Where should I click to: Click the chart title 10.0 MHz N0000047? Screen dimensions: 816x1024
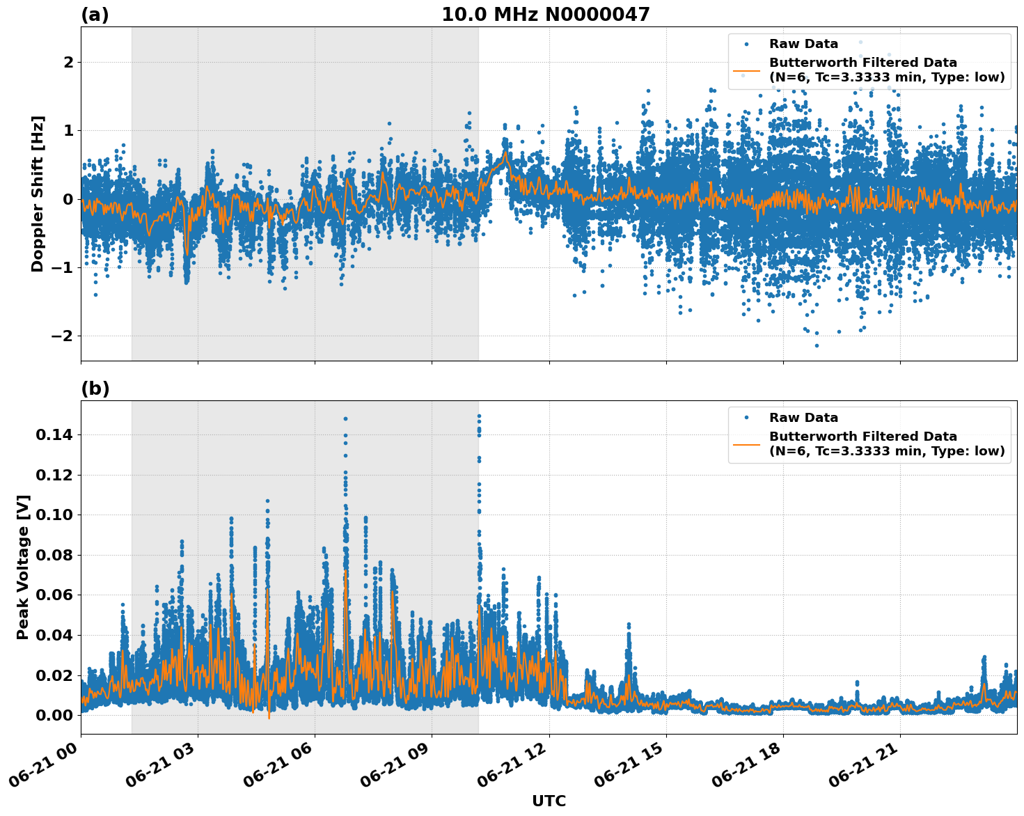pyautogui.click(x=545, y=15)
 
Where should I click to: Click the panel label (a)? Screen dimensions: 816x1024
pyautogui.click(x=95, y=15)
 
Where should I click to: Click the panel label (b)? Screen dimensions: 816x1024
pyautogui.click(x=95, y=389)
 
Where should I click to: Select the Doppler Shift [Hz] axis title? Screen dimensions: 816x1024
pyautogui.click(x=38, y=194)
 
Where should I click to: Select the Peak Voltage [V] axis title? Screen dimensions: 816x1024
pyautogui.click(x=23, y=567)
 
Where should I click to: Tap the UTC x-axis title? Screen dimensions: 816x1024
pyautogui.click(x=549, y=801)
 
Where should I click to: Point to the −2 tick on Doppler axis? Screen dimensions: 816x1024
pyautogui.click(x=63, y=336)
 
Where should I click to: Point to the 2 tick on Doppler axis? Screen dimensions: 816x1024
pyautogui.click(x=68, y=63)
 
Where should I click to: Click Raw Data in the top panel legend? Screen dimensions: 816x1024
pyautogui.click(x=803, y=44)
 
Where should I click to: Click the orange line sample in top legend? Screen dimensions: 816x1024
pyautogui.click(x=746, y=70)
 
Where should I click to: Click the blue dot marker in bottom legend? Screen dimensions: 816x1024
pyautogui.click(x=746, y=418)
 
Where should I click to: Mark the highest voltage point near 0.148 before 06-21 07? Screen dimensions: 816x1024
pyautogui.click(x=345, y=419)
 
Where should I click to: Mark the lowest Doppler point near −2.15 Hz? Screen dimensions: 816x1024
pyautogui.click(x=817, y=345)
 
